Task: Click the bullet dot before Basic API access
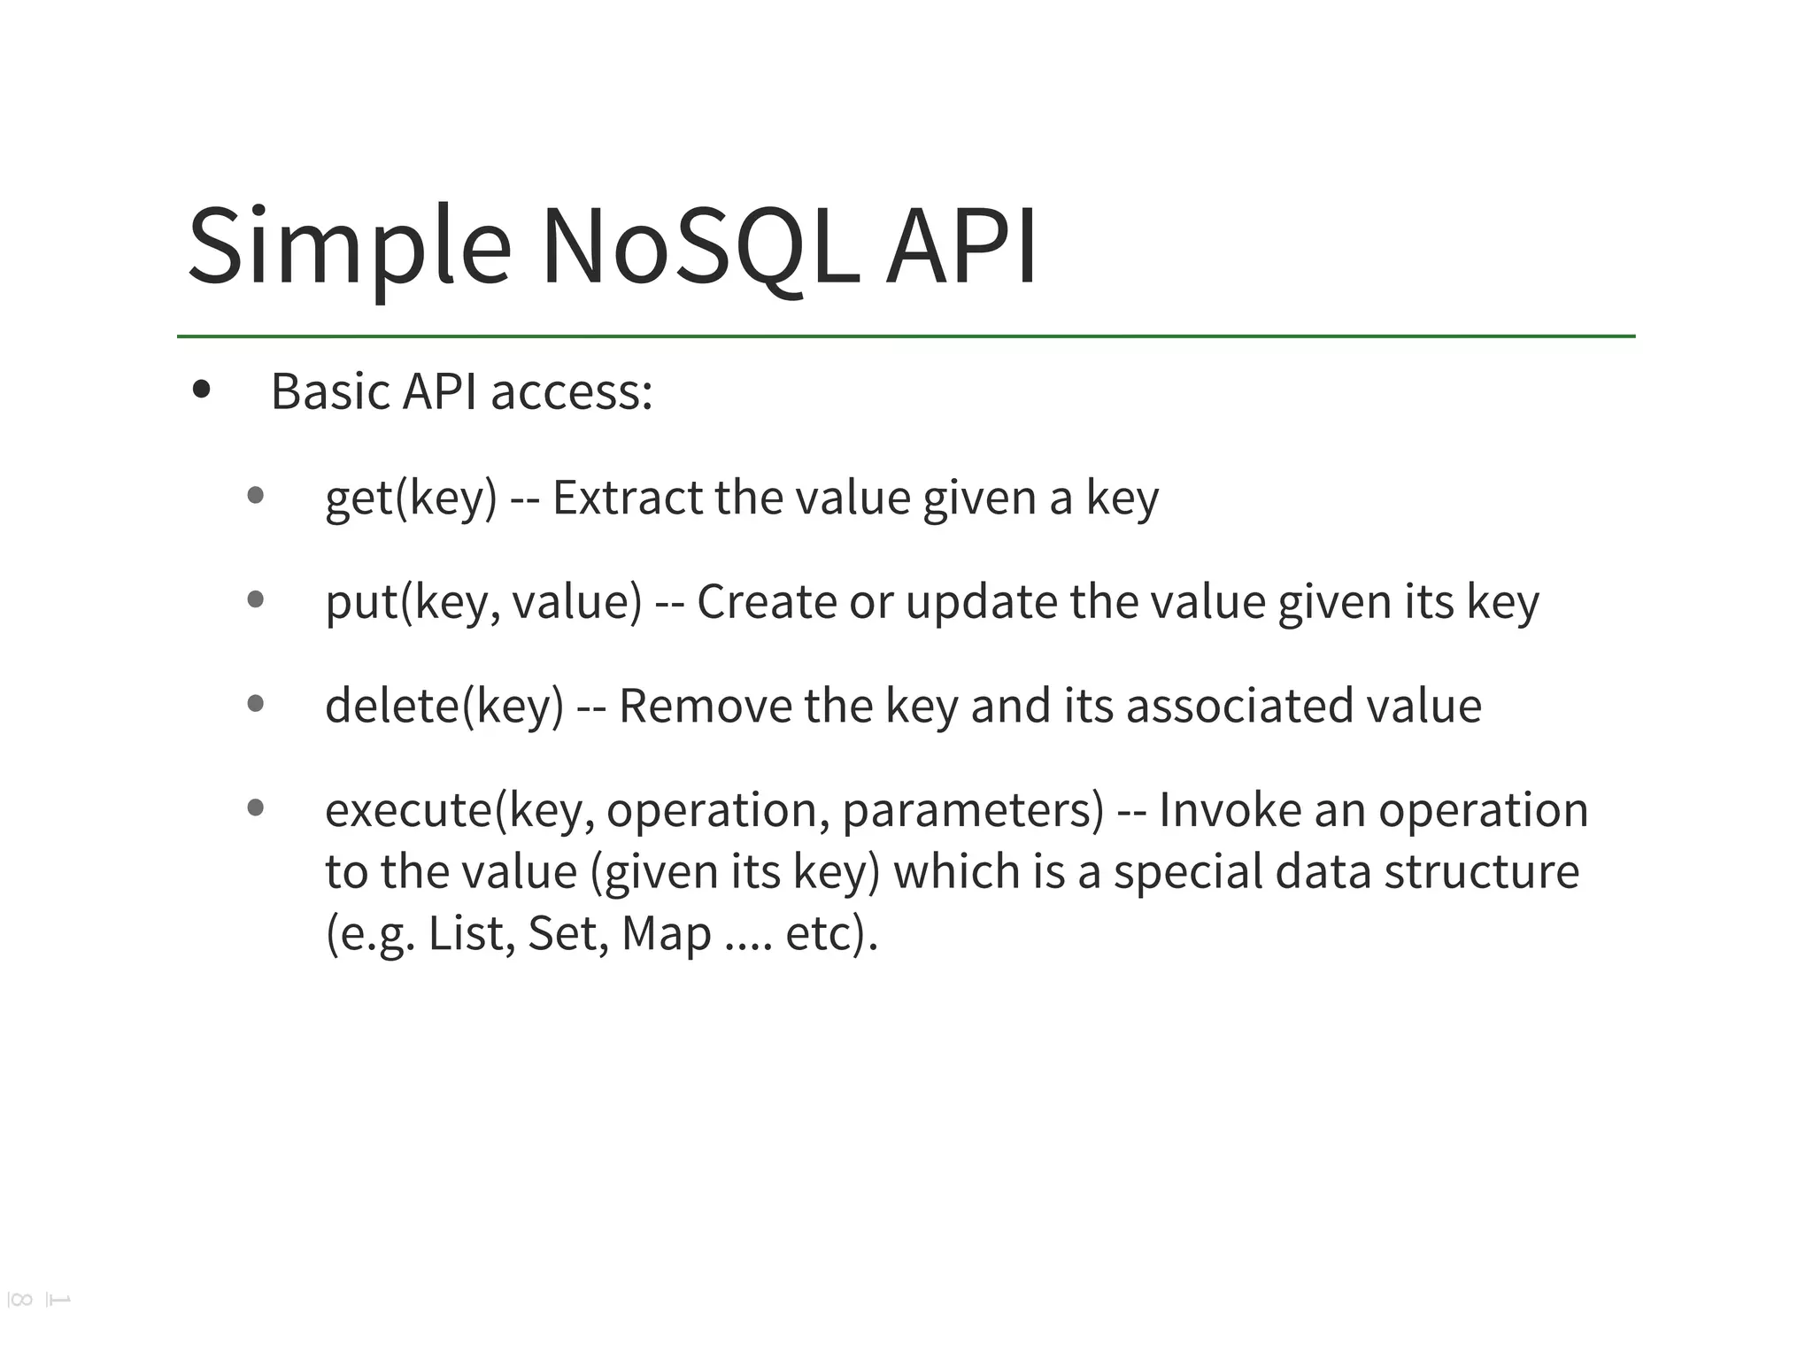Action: pyautogui.click(x=202, y=389)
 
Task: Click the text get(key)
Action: pyautogui.click(x=411, y=498)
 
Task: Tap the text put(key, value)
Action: pyautogui.click(x=483, y=602)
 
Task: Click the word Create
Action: pyautogui.click(x=767, y=602)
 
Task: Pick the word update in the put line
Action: pyautogui.click(x=981, y=602)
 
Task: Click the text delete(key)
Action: pyautogui.click(x=444, y=706)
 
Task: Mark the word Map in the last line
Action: pyautogui.click(x=666, y=934)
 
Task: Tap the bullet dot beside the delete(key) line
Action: pyautogui.click(x=256, y=704)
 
